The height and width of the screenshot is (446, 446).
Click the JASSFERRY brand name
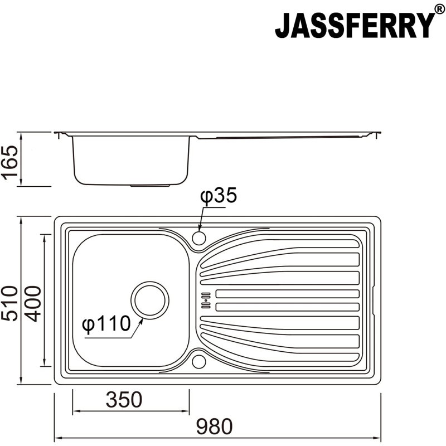[353, 25]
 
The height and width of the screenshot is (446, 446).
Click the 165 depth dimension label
[9, 159]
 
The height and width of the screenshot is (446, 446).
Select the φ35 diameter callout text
[219, 196]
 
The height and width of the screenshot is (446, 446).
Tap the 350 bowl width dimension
[123, 399]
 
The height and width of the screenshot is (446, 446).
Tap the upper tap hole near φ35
[199, 238]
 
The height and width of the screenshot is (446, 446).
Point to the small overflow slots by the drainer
[205, 300]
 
